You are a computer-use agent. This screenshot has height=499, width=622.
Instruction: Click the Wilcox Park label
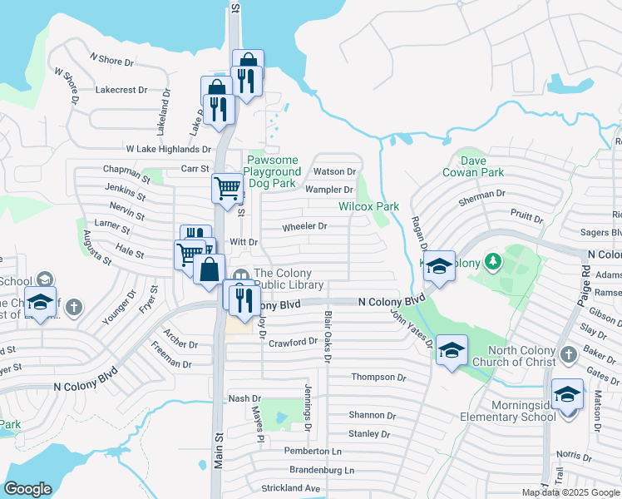click(368, 206)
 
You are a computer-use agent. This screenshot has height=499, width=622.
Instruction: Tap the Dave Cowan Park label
click(484, 166)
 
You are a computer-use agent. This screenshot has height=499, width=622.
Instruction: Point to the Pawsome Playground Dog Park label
click(272, 170)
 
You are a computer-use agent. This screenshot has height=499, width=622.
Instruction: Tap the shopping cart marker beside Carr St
click(227, 189)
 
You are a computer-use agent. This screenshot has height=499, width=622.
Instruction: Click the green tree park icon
click(493, 262)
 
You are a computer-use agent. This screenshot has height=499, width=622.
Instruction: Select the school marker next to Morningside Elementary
click(568, 393)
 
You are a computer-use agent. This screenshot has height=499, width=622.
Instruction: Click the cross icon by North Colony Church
click(568, 355)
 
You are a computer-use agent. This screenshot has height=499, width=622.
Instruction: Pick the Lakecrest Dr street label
click(121, 89)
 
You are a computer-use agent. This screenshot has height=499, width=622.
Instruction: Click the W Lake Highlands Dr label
click(168, 149)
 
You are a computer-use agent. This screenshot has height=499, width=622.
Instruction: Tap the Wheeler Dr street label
click(304, 226)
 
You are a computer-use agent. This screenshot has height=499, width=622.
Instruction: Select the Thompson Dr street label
click(378, 377)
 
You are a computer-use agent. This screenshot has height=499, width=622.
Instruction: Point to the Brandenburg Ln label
click(321, 470)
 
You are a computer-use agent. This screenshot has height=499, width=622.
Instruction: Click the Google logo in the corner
click(27, 489)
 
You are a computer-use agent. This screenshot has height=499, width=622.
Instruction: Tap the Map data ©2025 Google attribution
click(570, 492)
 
